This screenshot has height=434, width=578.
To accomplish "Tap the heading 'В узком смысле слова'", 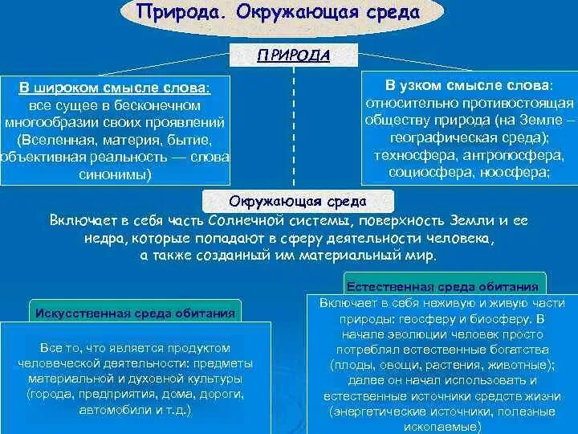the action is [x=469, y=84].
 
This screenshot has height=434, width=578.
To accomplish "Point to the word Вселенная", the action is [x=56, y=140].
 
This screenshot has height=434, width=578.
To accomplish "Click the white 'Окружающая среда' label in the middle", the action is [x=297, y=201].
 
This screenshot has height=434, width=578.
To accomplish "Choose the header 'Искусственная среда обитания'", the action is [x=135, y=312].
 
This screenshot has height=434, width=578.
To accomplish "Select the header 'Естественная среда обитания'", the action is [x=445, y=285].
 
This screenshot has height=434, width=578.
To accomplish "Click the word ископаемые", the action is [x=444, y=425].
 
